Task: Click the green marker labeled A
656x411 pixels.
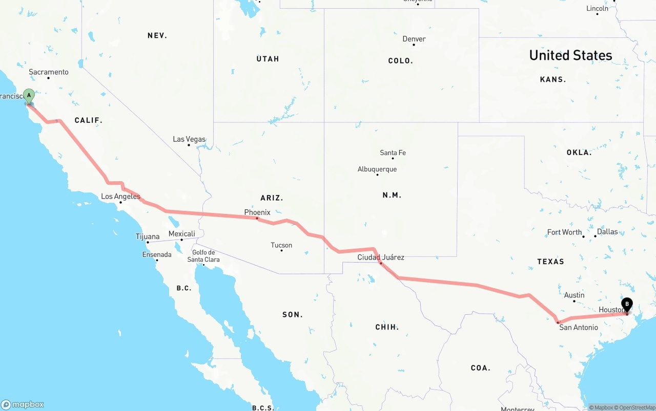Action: (x=29, y=96)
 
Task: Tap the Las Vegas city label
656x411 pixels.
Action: (x=189, y=139)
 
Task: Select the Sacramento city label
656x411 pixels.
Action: (x=48, y=72)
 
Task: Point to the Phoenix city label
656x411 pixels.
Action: (x=257, y=212)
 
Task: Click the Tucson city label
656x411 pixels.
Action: (x=281, y=245)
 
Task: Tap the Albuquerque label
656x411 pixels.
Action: (x=377, y=169)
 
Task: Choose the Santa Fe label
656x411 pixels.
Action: (x=393, y=153)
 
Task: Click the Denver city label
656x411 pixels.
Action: (x=414, y=39)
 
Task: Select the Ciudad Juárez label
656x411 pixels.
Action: (x=381, y=257)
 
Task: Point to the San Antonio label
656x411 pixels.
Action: (x=579, y=328)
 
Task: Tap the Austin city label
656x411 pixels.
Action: (x=574, y=295)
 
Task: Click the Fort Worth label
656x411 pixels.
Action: (x=564, y=232)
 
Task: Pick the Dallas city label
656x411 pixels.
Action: (x=607, y=231)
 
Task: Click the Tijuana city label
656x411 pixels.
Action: (x=148, y=236)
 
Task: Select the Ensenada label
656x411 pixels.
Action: (x=157, y=254)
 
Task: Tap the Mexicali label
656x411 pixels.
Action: (x=182, y=234)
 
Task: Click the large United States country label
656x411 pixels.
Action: (x=570, y=55)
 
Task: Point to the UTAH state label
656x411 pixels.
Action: (x=268, y=59)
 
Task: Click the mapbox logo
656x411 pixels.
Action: (x=23, y=404)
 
